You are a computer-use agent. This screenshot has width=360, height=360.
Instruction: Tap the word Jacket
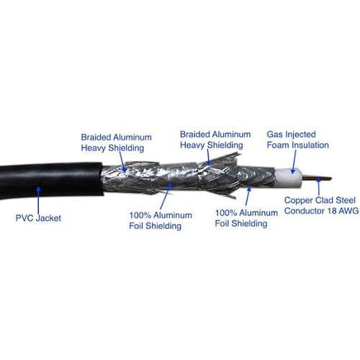[x=48, y=218]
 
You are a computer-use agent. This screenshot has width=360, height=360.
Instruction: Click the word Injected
[x=300, y=135]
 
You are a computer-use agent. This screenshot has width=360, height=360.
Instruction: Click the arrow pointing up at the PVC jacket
[x=38, y=202]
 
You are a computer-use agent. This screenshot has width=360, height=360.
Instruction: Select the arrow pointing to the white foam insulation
[x=294, y=161]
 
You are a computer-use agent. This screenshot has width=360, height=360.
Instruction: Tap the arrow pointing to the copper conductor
[x=319, y=186]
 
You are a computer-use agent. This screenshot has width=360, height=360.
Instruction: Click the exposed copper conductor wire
[x=316, y=178]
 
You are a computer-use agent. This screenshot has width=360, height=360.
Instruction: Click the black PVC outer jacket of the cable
[x=50, y=180]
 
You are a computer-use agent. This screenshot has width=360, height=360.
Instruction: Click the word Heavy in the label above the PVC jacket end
[x=94, y=148]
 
